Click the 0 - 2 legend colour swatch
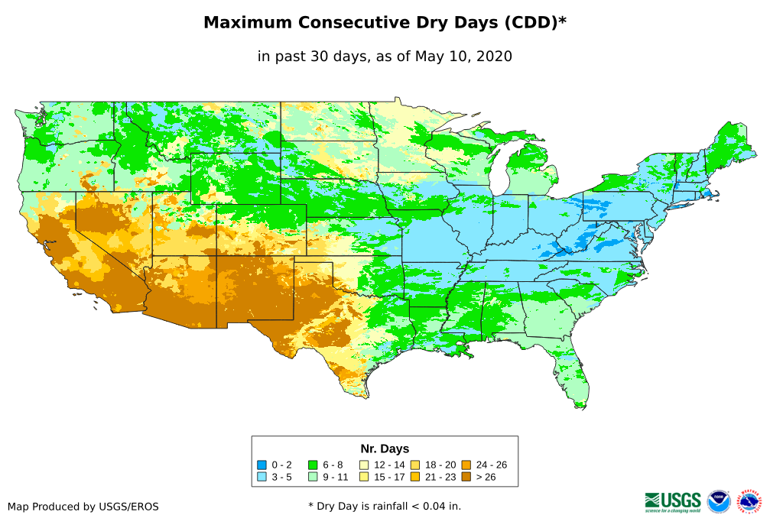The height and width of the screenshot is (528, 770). [x=262, y=465]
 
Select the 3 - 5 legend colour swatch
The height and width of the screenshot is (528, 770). [x=262, y=477]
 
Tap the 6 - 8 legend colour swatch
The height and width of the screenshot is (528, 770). [x=312, y=465]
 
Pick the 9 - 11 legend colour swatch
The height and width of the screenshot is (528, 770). [x=312, y=477]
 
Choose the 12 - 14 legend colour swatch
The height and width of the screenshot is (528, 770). [x=364, y=465]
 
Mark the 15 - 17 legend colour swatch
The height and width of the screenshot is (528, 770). [x=364, y=477]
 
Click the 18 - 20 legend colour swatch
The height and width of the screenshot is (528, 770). [x=415, y=465]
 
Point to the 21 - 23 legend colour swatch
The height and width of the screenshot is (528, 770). [x=415, y=477]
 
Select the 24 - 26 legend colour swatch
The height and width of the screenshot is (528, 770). [x=466, y=465]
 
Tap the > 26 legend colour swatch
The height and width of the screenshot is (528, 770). [x=466, y=477]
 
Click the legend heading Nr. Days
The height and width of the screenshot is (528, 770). [x=385, y=449]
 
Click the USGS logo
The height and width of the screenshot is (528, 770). [x=673, y=501]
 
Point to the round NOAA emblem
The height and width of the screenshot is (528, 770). [x=719, y=501]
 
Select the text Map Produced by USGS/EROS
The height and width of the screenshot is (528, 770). [x=83, y=507]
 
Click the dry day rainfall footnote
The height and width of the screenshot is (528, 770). [x=385, y=506]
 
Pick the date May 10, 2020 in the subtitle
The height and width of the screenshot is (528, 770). [x=463, y=57]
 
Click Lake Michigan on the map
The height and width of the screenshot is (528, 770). [x=498, y=171]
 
